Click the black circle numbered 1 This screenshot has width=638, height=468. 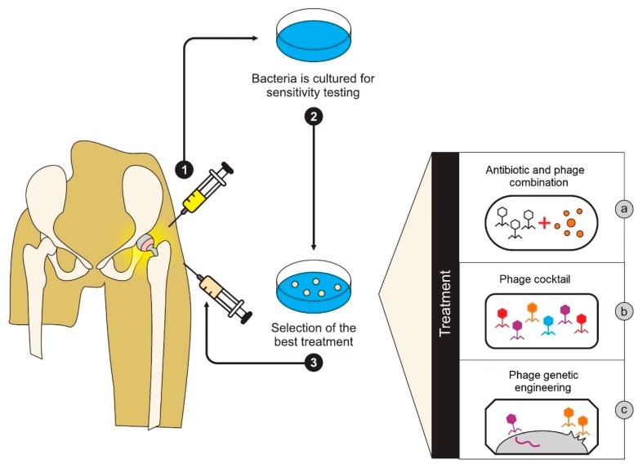point(185,169)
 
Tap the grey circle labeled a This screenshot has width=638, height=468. point(625,210)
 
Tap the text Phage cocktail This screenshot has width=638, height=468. point(534,278)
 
